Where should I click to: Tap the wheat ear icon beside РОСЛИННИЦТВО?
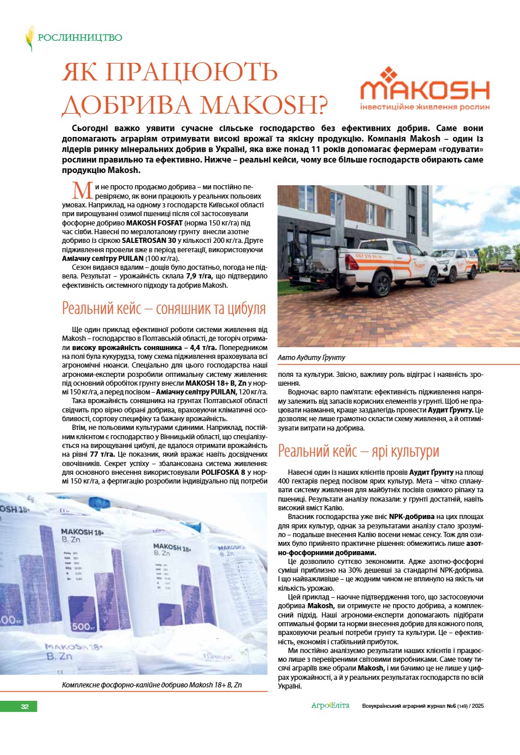click(29, 38)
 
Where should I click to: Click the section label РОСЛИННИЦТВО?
click(80, 38)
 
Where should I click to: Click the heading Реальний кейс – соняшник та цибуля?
click(164, 308)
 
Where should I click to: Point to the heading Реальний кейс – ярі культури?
click(358, 451)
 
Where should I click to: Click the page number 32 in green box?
click(24, 707)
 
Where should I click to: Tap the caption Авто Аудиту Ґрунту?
click(312, 357)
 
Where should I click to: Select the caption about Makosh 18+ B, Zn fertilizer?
click(152, 685)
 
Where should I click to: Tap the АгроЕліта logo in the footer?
click(331, 706)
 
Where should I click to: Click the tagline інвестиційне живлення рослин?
click(425, 107)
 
